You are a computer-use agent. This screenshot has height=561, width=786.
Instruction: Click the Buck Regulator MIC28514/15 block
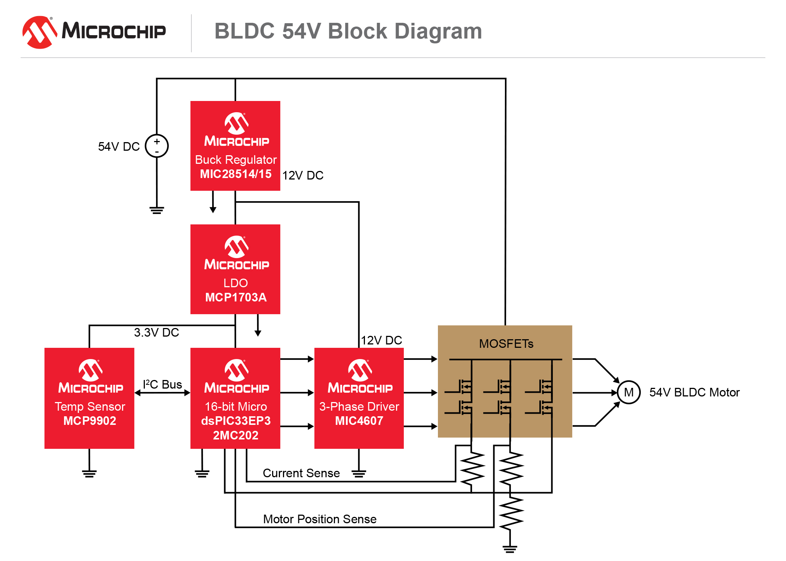pyautogui.click(x=235, y=146)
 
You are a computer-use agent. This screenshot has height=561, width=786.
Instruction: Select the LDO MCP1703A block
pyautogui.click(x=235, y=269)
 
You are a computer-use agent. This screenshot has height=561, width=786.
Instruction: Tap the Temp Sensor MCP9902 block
pyautogui.click(x=89, y=398)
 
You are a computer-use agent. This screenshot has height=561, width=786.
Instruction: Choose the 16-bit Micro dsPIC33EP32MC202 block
pyautogui.click(x=235, y=398)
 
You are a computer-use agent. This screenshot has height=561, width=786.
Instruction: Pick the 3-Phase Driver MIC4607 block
pyautogui.click(x=359, y=398)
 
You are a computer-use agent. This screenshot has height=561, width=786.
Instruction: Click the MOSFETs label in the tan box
pyautogui.click(x=506, y=344)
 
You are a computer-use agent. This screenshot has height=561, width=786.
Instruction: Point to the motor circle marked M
pyautogui.click(x=629, y=392)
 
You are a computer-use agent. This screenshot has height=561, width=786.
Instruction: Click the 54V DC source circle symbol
pyautogui.click(x=157, y=146)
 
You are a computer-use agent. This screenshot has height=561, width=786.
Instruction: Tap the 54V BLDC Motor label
pyautogui.click(x=694, y=392)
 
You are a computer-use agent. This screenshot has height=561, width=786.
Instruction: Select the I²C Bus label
pyautogui.click(x=162, y=384)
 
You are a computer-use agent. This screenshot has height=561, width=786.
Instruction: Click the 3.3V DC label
pyautogui.click(x=156, y=332)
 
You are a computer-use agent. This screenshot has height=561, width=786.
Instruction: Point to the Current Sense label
pyautogui.click(x=301, y=473)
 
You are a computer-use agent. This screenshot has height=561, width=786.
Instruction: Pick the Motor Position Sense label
pyautogui.click(x=320, y=519)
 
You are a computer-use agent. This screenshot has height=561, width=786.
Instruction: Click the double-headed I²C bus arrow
pyautogui.click(x=162, y=393)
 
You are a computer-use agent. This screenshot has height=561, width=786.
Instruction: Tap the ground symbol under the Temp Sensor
pyautogui.click(x=89, y=473)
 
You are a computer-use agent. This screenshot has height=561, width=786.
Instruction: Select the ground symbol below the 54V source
pyautogui.click(x=157, y=210)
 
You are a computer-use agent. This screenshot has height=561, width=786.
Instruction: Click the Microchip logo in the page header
pyautogui.click(x=94, y=32)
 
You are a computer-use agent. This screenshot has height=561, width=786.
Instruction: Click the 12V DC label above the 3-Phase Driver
pyautogui.click(x=381, y=340)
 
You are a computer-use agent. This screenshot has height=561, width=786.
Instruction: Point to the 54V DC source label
pyautogui.click(x=119, y=147)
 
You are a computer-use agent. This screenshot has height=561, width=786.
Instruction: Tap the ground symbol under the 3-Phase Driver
pyautogui.click(x=359, y=474)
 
